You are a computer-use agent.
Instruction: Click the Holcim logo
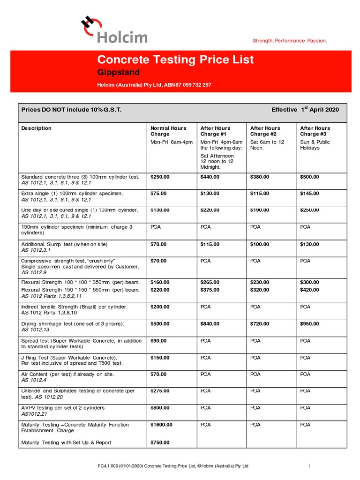[108, 30]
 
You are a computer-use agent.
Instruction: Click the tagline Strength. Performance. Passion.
[290, 41]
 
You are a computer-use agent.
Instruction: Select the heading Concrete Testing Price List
[175, 60]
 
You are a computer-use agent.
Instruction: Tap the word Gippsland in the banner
[118, 72]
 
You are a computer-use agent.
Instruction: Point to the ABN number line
[154, 85]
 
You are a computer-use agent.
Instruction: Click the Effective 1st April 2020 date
[305, 110]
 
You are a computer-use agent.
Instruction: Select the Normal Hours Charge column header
[168, 131]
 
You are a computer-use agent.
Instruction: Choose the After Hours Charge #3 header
[315, 131]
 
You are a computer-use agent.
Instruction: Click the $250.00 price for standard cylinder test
[160, 177]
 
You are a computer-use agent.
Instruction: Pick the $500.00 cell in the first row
[309, 177]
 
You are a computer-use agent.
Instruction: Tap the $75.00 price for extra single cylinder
[158, 193]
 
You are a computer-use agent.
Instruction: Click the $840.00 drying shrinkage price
[210, 323]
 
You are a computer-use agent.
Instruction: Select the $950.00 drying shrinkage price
[309, 323]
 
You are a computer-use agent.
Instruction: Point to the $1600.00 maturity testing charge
[161, 425]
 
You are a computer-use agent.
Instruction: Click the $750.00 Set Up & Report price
[160, 442]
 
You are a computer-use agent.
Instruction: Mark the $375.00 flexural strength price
[210, 290]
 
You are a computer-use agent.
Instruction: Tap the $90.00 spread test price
[158, 341]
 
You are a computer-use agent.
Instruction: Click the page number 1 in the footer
[310, 466]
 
